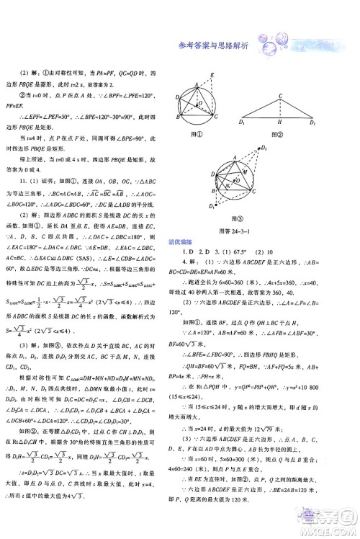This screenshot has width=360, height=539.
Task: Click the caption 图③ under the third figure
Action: pos(240,218)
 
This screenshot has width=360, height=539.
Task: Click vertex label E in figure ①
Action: pos(212,75)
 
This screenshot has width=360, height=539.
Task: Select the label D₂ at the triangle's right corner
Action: pos(312,123)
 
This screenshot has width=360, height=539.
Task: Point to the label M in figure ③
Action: pos(244,173)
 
